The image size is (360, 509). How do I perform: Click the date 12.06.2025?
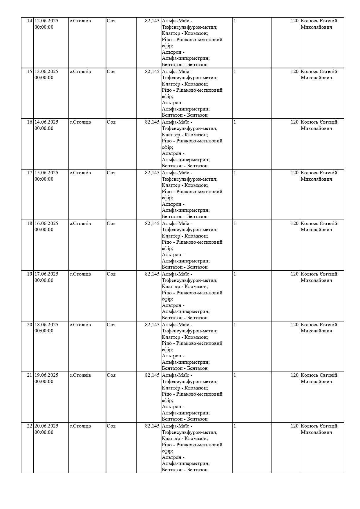(x=46, y=21)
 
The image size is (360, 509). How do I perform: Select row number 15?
(x=30, y=72)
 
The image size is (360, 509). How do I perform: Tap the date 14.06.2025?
(x=46, y=122)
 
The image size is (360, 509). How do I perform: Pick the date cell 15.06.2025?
(x=46, y=173)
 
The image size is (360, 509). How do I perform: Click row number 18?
(x=30, y=224)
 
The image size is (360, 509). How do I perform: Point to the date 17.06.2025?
(x=46, y=274)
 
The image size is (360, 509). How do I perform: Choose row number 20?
(x=30, y=325)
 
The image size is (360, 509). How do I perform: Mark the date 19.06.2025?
(x=46, y=375)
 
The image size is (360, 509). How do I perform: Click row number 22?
(x=30, y=426)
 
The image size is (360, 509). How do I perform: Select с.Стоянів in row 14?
(x=80, y=21)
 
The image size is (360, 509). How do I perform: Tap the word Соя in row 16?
(x=111, y=122)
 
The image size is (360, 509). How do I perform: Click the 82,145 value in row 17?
(x=152, y=173)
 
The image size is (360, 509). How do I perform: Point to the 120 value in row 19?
(x=294, y=274)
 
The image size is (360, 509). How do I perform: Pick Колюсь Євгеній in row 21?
(x=319, y=375)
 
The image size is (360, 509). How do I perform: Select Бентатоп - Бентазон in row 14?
(x=185, y=65)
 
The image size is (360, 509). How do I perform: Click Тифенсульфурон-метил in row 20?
(x=190, y=331)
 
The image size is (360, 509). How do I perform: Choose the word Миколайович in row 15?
(x=316, y=78)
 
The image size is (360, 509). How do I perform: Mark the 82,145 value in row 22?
(x=152, y=426)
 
